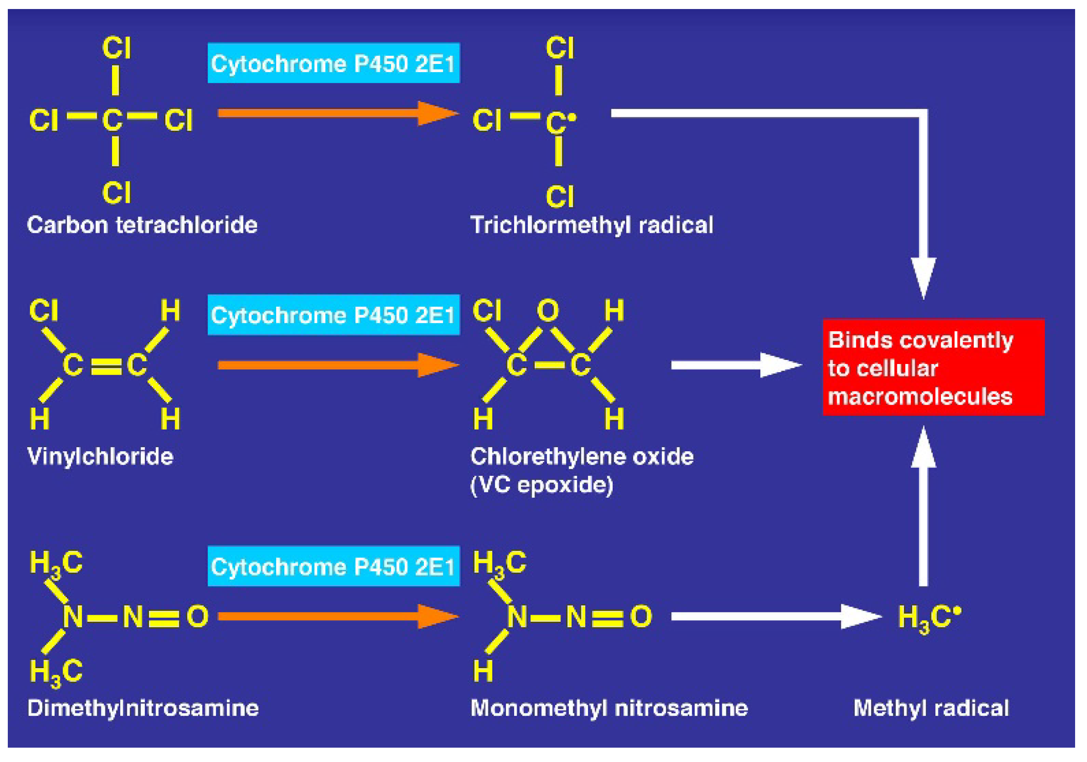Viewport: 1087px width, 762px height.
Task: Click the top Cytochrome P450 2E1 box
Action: click(x=333, y=63)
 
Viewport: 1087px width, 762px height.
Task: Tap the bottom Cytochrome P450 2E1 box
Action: click(x=333, y=566)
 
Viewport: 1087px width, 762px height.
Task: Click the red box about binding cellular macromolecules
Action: click(x=933, y=368)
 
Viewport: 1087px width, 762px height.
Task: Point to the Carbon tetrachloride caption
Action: click(x=142, y=225)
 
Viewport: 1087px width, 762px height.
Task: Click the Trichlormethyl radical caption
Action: click(x=591, y=225)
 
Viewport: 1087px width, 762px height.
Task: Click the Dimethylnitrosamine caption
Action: click(x=143, y=708)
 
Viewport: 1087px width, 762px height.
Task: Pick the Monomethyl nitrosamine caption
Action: click(x=609, y=708)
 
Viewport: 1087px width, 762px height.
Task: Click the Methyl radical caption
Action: click(x=931, y=708)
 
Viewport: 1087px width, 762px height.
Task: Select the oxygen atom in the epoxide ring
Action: click(x=548, y=311)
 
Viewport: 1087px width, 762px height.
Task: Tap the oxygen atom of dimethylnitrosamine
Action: click(x=197, y=617)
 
